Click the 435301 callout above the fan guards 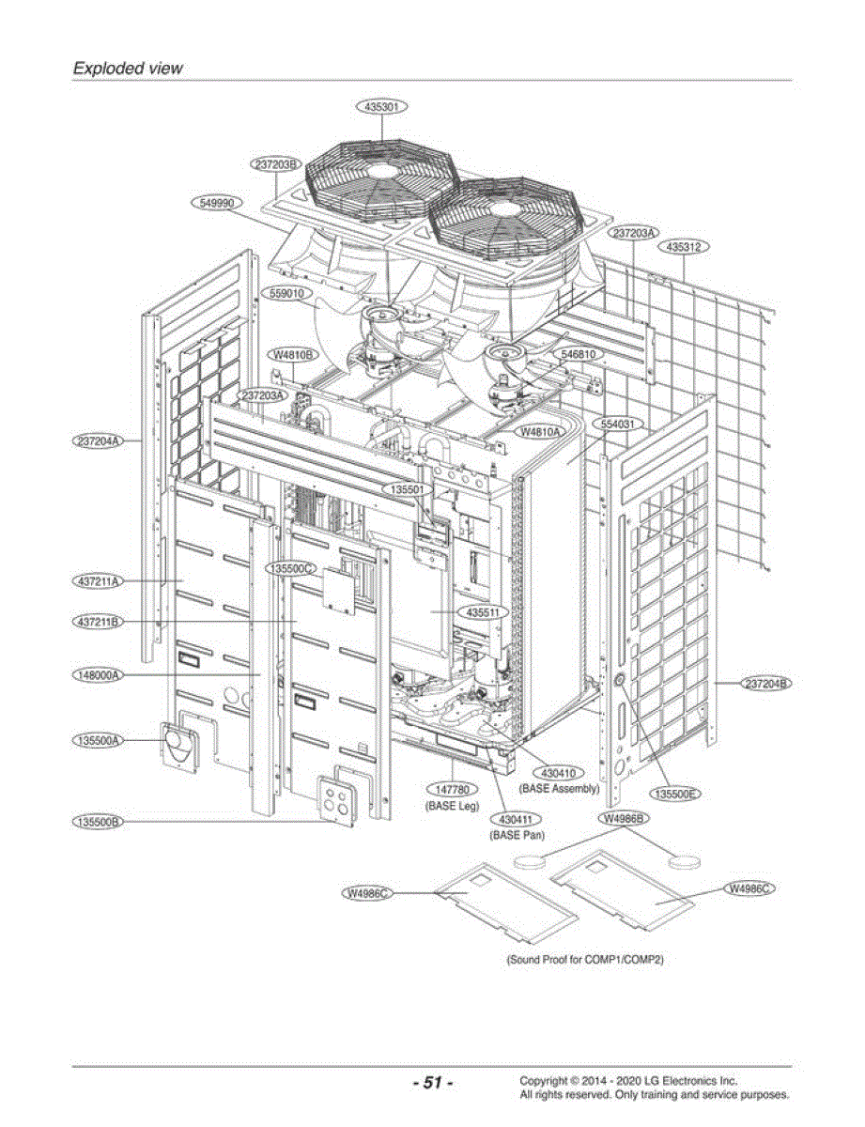click(x=381, y=107)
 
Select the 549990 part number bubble click(x=217, y=203)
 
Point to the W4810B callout click(x=293, y=355)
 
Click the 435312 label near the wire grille click(x=684, y=246)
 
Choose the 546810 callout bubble click(x=579, y=354)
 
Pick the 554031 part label click(x=618, y=424)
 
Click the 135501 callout click(x=408, y=489)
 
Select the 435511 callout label click(x=483, y=612)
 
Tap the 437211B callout click(x=98, y=622)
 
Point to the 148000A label click(x=98, y=675)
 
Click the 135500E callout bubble click(x=675, y=794)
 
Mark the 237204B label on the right click(x=766, y=684)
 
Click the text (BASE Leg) click(x=452, y=806)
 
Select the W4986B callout click(x=624, y=818)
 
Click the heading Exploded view click(x=128, y=68)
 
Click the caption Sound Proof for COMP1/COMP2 click(x=585, y=959)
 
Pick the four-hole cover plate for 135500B click(x=336, y=801)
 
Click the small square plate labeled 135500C click(x=339, y=591)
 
